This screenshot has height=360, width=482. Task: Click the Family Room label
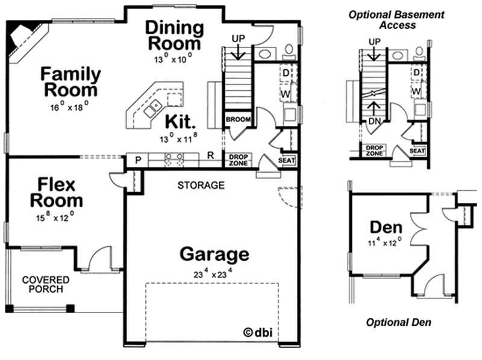pyautogui.click(x=70, y=82)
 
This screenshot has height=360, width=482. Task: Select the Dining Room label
pyautogui.click(x=175, y=36)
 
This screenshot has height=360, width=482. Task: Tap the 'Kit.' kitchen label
pyautogui.click(x=181, y=122)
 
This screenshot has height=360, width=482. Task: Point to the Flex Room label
pyautogui.click(x=57, y=192)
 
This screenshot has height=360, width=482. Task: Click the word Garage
pyautogui.click(x=214, y=254)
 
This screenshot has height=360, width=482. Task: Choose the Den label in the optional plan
pyautogui.click(x=386, y=228)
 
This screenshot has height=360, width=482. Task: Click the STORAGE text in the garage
pyautogui.click(x=201, y=185)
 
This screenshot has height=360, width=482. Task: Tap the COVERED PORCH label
pyautogui.click(x=46, y=285)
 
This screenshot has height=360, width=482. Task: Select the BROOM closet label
pyautogui.click(x=238, y=120)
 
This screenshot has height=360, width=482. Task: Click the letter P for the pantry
pyautogui.click(x=138, y=161)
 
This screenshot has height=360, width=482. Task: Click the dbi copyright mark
pyautogui.click(x=257, y=332)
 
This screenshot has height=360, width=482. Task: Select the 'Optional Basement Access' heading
pyautogui.click(x=397, y=20)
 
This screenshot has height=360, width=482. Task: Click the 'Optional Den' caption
pyautogui.click(x=398, y=322)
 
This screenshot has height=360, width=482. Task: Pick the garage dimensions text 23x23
pyautogui.click(x=214, y=272)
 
